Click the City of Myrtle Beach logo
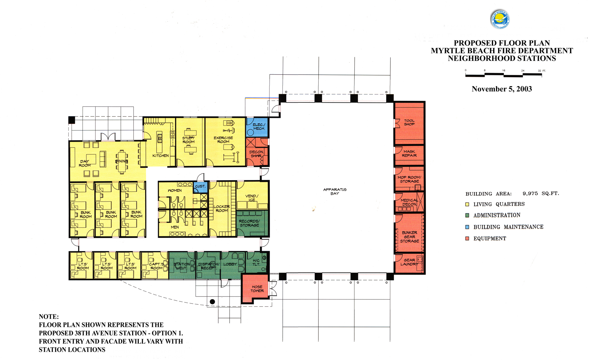pyautogui.click(x=500, y=19)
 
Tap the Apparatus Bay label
pyautogui.click(x=335, y=191)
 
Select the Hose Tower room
pyautogui.click(x=257, y=289)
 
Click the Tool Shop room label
pyautogui.click(x=409, y=122)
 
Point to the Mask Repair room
pyautogui.click(x=409, y=153)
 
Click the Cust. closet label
pyautogui.click(x=200, y=186)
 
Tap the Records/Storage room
pyautogui.click(x=249, y=223)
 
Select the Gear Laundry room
pyautogui.click(x=409, y=262)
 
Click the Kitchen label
pyautogui.click(x=161, y=155)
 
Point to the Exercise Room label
pyautogui.click(x=223, y=140)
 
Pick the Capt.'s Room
pyautogui.click(x=156, y=266)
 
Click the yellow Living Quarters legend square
pyautogui.click(x=467, y=204)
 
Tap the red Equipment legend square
pyautogui.click(x=467, y=239)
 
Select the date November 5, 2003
pyautogui.click(x=502, y=89)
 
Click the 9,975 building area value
pyautogui.click(x=530, y=193)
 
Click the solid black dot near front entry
pyautogui.click(x=212, y=302)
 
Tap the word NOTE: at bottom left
pyautogui.click(x=49, y=316)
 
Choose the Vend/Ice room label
pyautogui.click(x=252, y=198)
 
